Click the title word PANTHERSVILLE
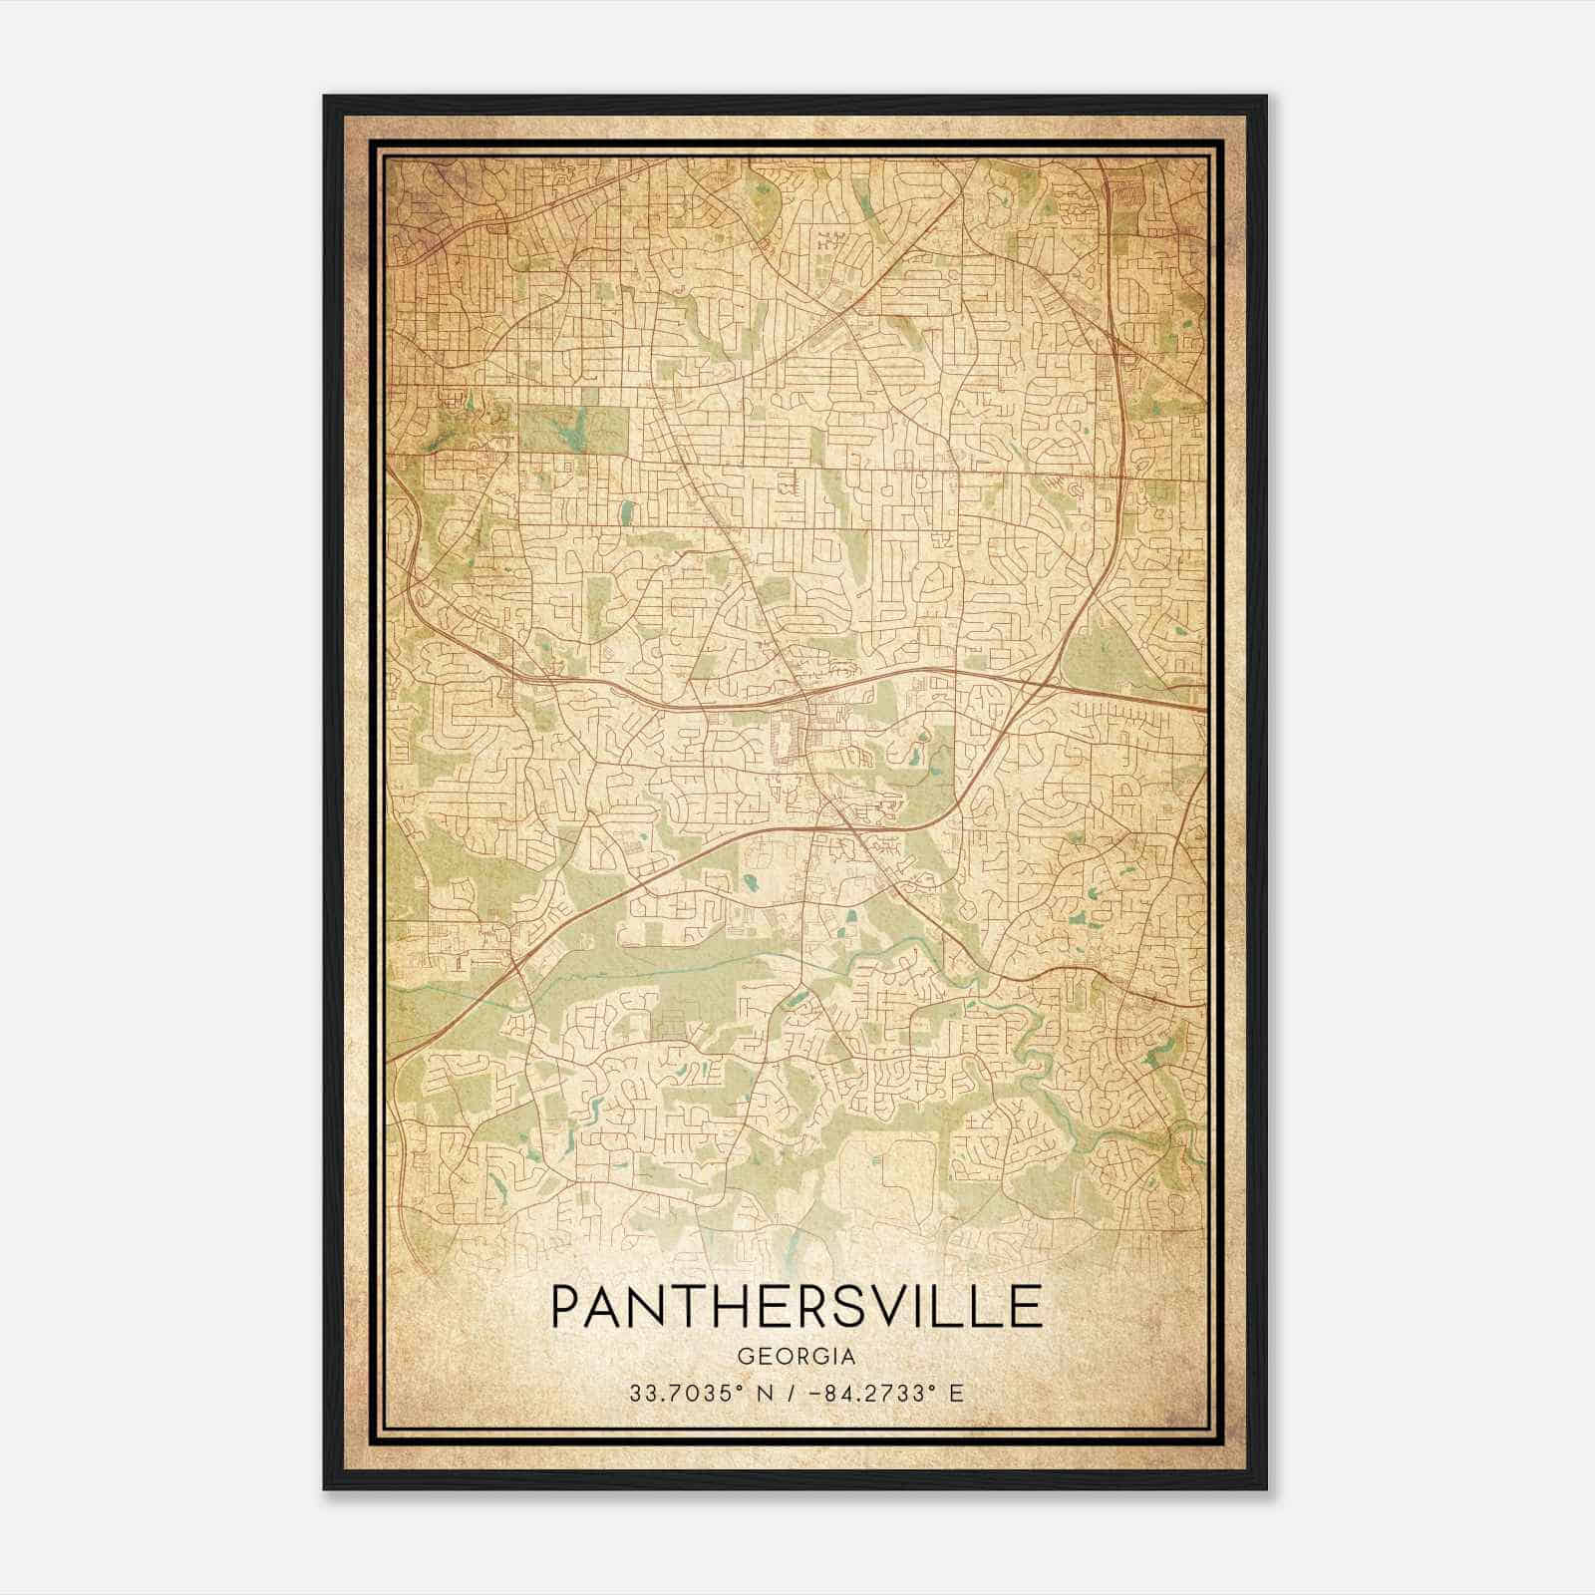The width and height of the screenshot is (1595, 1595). [x=797, y=1307]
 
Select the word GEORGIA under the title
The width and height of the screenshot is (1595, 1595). [x=797, y=1357]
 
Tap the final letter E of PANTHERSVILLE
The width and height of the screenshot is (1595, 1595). [x=1027, y=1307]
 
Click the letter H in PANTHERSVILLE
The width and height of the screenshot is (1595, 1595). [x=716, y=1307]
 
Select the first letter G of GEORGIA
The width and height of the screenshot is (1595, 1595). [x=745, y=1357]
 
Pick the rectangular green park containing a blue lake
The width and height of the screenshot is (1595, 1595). [x=573, y=430]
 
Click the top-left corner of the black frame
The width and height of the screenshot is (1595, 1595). [x=325, y=97]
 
